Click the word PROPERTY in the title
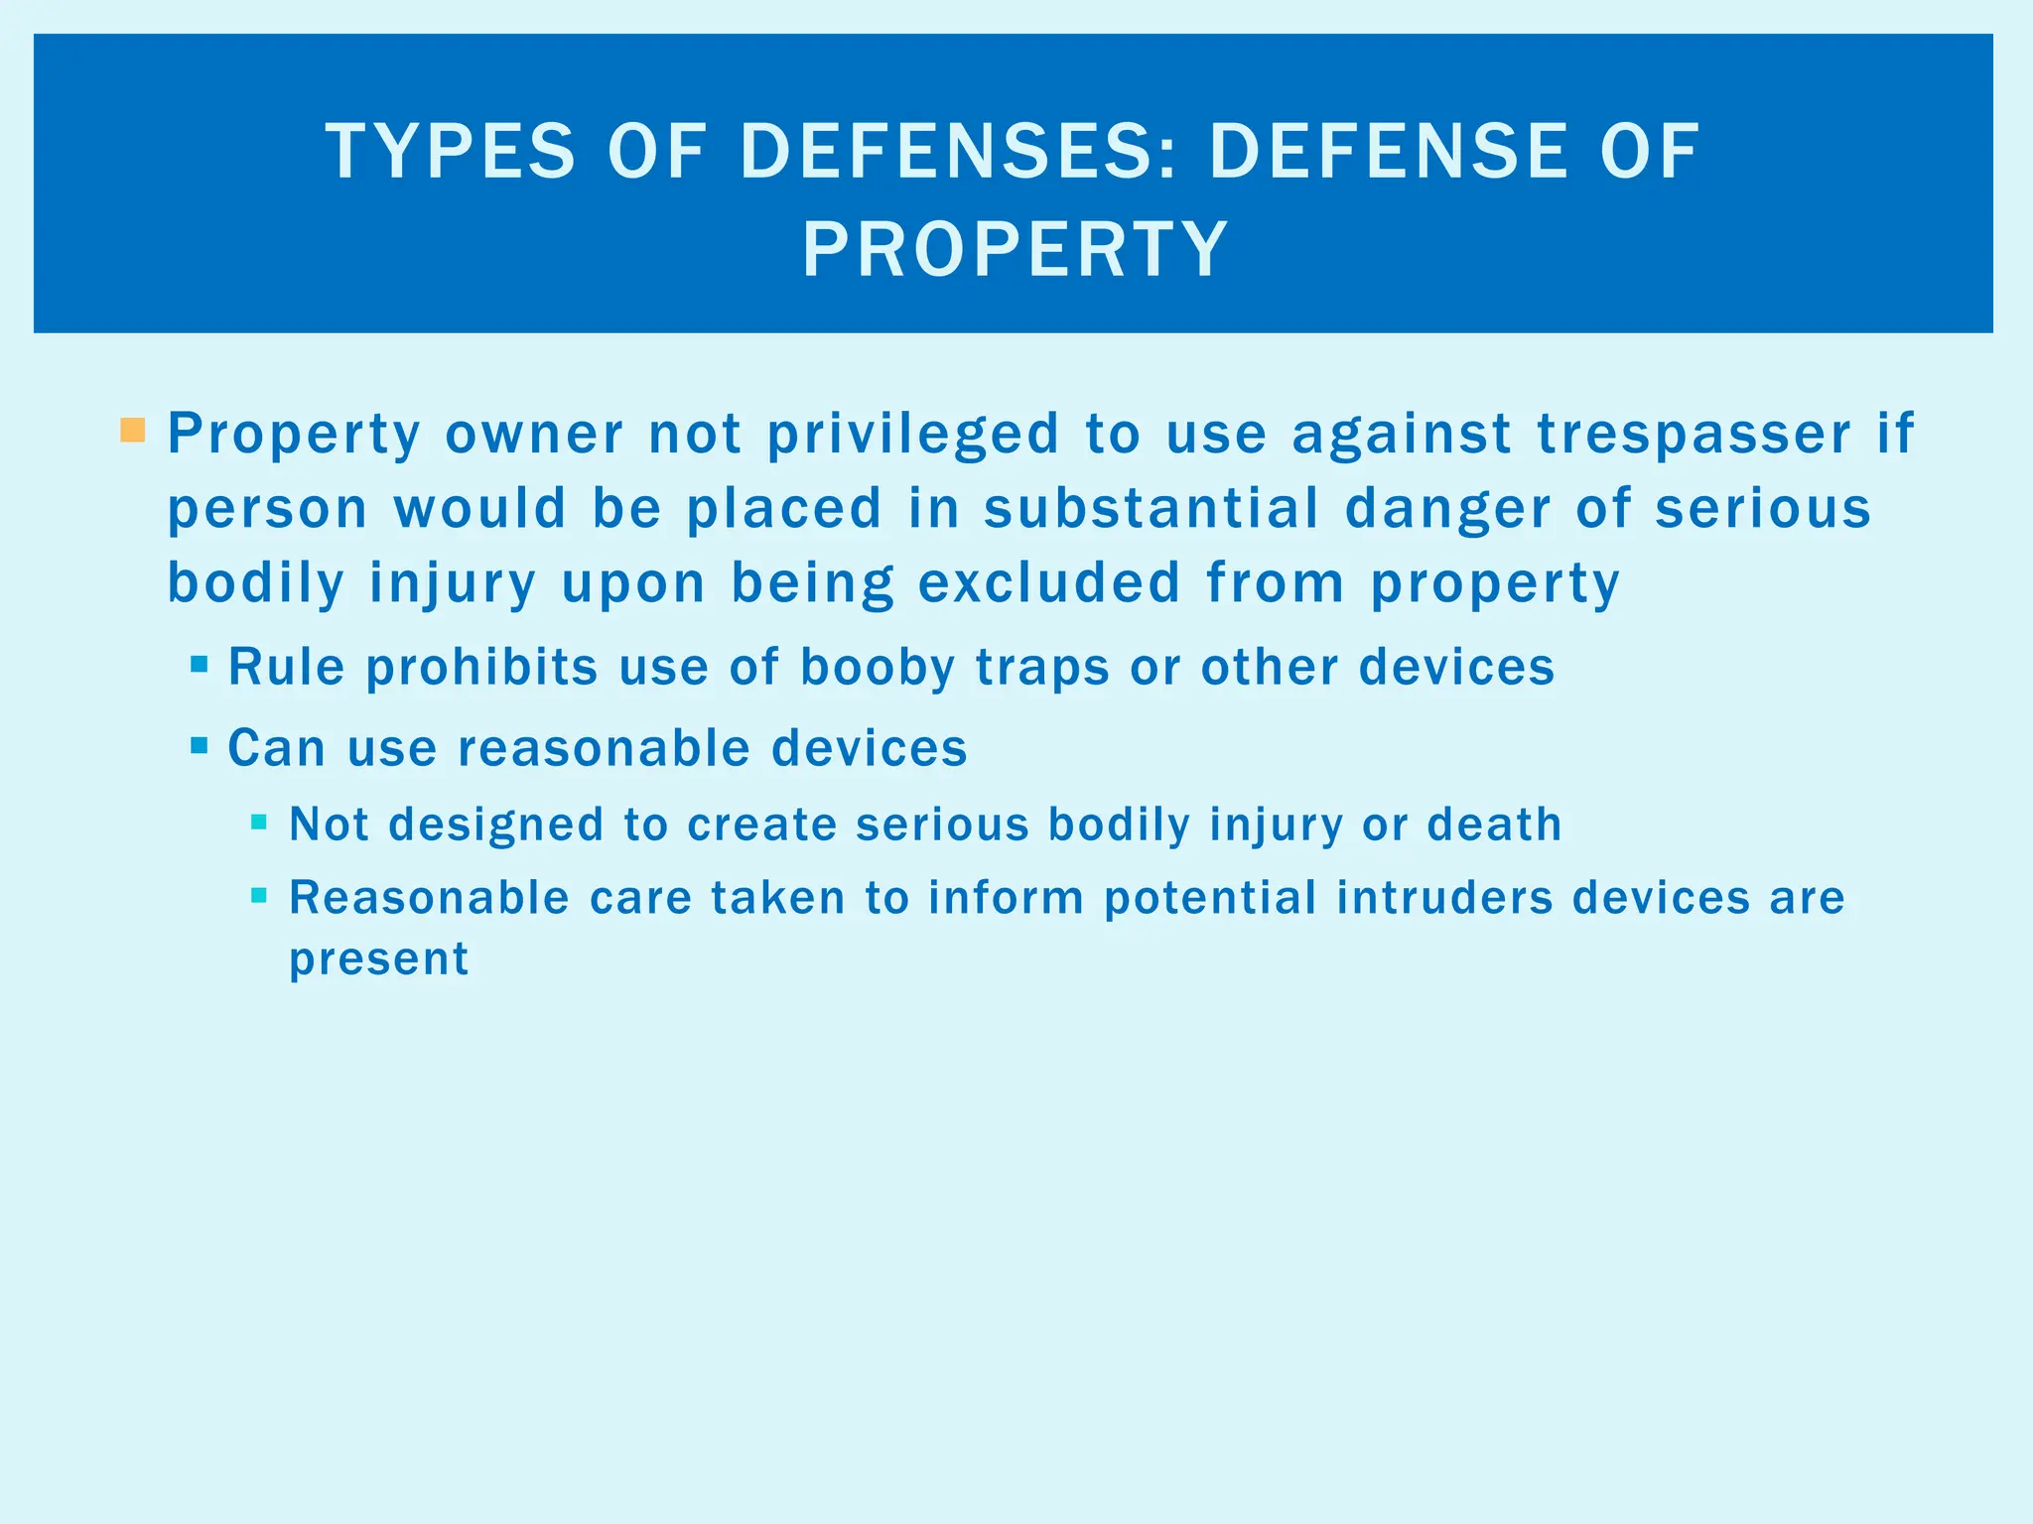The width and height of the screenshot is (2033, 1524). pos(1016,249)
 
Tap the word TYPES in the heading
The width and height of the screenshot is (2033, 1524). pos(450,152)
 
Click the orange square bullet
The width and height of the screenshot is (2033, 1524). pos(133,431)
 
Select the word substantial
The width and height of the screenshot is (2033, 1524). pos(1152,508)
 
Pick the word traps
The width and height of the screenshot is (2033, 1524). pos(1042,667)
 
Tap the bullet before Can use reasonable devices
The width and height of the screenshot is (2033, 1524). pos(200,744)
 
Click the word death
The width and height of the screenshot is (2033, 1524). pos(1494,825)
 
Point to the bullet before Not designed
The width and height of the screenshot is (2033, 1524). pos(259,822)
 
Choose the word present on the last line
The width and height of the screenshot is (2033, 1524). pos(378,959)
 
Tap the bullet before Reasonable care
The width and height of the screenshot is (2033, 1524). pos(259,895)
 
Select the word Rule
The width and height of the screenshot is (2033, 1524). pos(286,667)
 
